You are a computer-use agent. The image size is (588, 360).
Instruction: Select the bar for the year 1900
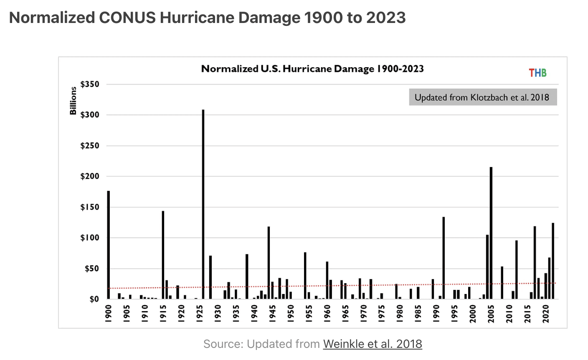pos(109,245)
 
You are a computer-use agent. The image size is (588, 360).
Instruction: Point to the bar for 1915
pos(163,255)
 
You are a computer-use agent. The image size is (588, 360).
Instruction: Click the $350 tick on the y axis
pos(90,84)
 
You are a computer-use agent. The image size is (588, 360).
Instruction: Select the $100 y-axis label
pos(90,238)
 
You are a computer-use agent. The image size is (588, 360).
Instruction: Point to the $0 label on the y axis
pos(94,299)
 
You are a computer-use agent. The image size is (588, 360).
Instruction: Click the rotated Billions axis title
pos(73,101)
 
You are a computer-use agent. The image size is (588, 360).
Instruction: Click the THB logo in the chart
pos(537,73)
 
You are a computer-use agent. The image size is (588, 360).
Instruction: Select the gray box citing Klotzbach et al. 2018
pos(482,98)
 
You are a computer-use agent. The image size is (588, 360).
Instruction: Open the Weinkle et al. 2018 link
pos(373,344)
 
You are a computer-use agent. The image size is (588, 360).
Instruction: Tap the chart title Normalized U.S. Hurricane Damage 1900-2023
pos(312,69)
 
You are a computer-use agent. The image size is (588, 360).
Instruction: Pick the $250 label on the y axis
pos(90,146)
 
